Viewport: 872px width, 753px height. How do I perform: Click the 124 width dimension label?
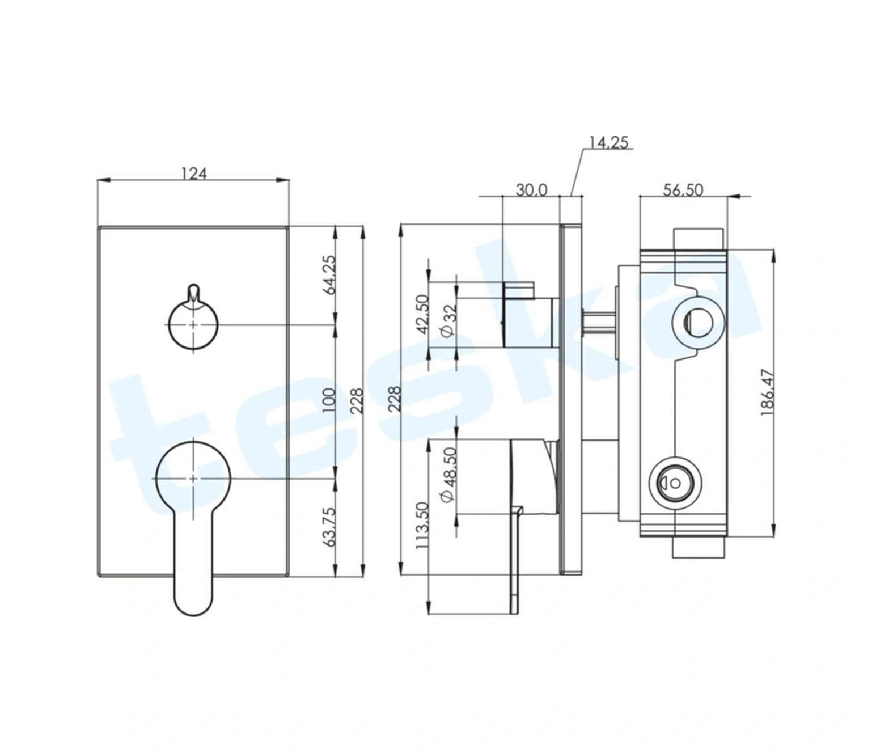(194, 173)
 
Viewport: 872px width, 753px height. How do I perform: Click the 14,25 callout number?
(608, 142)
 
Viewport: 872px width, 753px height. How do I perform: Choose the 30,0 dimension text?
(531, 191)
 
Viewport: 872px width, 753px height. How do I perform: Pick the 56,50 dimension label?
(683, 191)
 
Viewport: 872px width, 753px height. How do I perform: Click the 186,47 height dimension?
(767, 393)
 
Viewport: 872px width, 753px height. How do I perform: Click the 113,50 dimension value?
(422, 525)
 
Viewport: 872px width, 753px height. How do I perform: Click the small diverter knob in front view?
(194, 321)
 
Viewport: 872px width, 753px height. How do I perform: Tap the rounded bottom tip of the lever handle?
(194, 616)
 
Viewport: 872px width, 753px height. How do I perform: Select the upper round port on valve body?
(698, 322)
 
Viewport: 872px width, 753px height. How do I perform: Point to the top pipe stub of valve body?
(698, 239)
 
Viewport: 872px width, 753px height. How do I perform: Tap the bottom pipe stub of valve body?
(698, 547)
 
